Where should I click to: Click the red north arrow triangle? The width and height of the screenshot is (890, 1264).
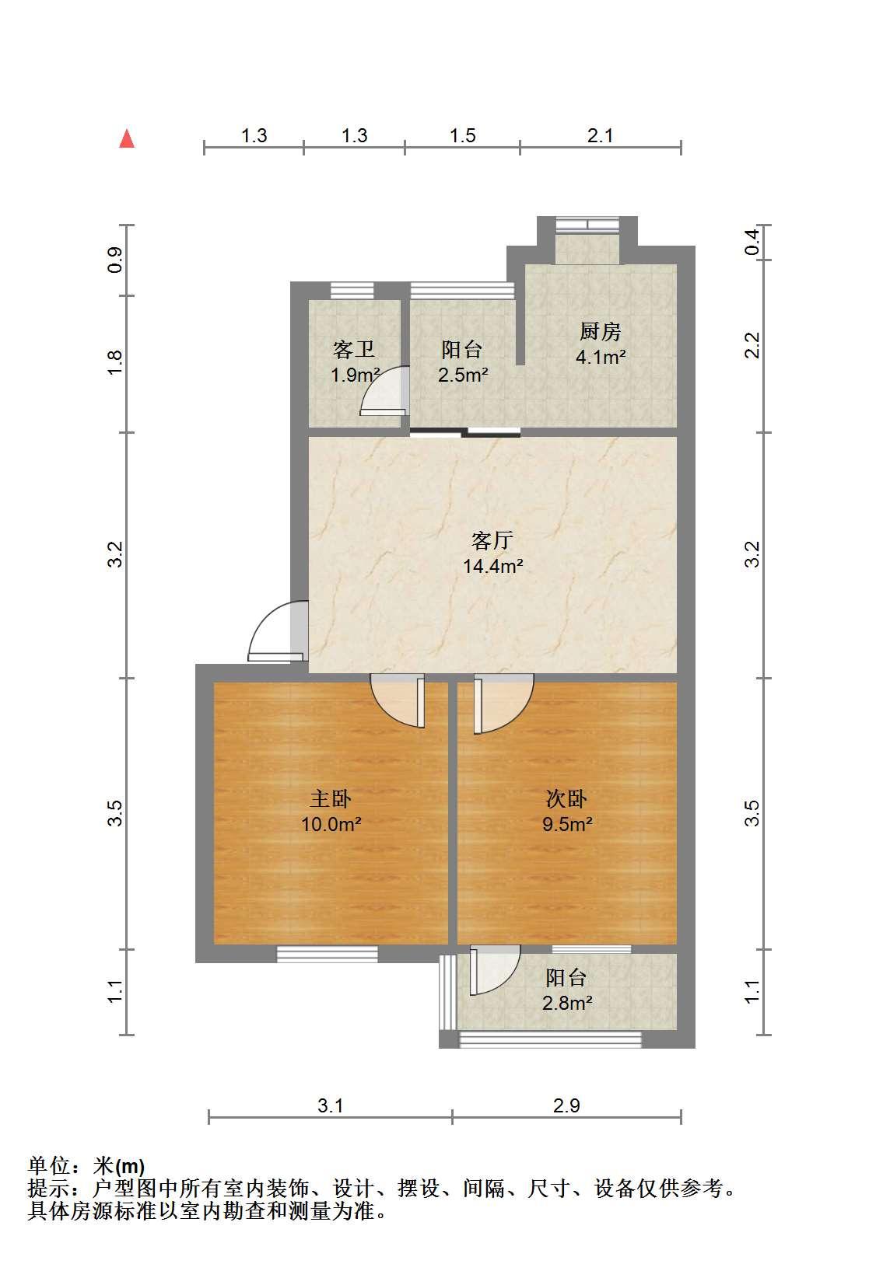127,139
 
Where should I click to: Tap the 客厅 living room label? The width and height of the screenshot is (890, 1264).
492,540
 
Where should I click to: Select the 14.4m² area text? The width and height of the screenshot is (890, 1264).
493,566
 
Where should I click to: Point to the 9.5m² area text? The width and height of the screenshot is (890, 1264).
567,824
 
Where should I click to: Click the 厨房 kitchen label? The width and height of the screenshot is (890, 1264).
601,331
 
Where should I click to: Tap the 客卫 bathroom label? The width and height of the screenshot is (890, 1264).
354,349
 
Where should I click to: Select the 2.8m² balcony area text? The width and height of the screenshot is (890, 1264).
567,1003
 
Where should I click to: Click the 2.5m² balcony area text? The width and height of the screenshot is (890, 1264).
463,374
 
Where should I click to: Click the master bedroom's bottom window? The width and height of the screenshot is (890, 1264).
327,954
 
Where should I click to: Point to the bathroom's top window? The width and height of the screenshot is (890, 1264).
352,291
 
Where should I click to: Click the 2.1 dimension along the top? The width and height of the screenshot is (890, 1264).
601,136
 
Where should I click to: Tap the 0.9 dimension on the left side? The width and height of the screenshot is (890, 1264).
115,260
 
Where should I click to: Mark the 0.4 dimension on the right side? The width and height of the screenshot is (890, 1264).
752,243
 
